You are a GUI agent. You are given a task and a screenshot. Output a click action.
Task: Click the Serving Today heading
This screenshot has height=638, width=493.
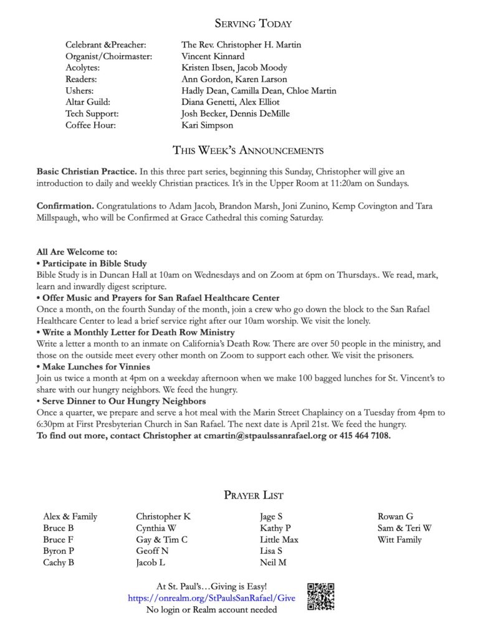click(253, 24)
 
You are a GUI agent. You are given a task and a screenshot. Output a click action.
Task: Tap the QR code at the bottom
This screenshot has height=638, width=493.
click(321, 597)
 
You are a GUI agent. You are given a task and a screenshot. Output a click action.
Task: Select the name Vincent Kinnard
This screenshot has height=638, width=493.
click(213, 56)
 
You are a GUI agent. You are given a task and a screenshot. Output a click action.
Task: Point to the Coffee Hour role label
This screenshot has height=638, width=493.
click(91, 125)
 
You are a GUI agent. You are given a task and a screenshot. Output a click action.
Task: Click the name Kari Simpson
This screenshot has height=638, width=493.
click(208, 125)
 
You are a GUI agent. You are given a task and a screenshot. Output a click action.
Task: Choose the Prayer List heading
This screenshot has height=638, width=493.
click(253, 495)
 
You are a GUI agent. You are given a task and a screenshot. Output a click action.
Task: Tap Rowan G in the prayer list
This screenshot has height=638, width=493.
click(395, 517)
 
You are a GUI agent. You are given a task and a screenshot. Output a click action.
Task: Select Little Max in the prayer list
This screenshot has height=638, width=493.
click(279, 540)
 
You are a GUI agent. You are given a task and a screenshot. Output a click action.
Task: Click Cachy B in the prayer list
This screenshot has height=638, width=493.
click(59, 563)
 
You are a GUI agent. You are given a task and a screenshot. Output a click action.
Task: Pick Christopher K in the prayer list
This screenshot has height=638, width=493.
click(163, 517)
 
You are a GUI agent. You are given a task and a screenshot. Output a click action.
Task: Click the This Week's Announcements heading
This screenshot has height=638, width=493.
click(247, 150)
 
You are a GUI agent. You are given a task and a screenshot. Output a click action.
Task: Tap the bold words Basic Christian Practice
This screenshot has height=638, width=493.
click(87, 171)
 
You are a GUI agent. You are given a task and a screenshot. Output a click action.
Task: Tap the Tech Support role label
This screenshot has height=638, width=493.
click(92, 113)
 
